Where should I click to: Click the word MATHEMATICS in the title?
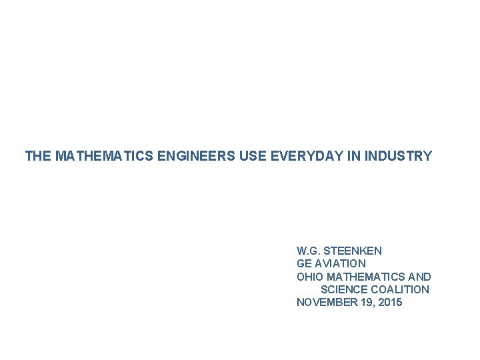[x=93, y=157]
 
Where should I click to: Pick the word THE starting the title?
[x=38, y=157]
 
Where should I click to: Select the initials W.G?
[x=309, y=251]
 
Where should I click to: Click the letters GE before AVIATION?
[x=304, y=263]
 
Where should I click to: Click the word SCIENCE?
[x=342, y=289]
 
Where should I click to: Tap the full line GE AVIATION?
[x=331, y=263]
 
